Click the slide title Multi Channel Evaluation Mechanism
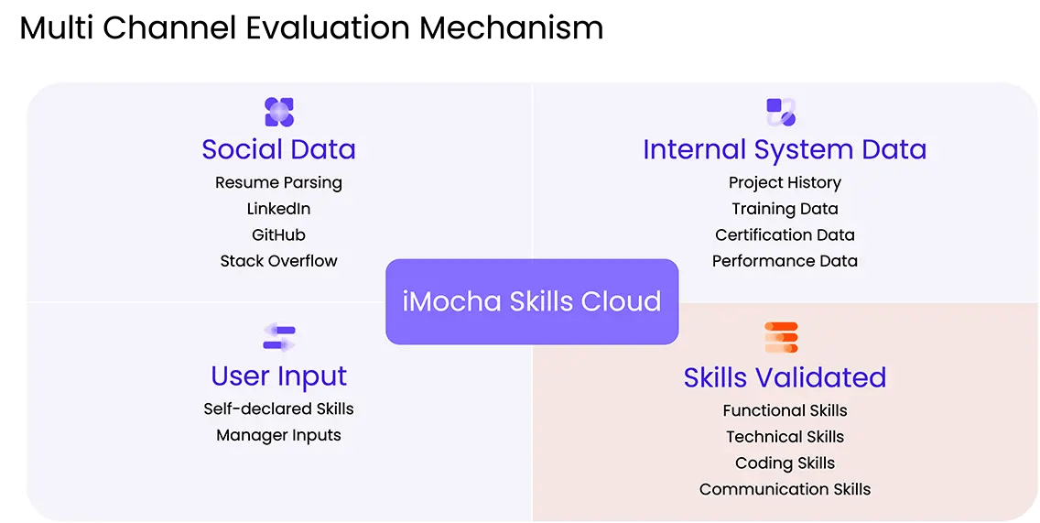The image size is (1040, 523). (x=312, y=28)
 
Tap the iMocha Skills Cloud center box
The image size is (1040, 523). (x=532, y=301)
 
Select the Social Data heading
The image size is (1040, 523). (x=278, y=149)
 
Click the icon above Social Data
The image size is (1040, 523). (x=279, y=112)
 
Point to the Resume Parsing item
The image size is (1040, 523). (x=278, y=183)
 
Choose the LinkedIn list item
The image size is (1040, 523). (x=278, y=209)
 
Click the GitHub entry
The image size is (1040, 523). (x=278, y=235)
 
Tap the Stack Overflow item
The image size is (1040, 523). (x=278, y=261)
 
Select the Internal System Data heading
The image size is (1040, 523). (x=785, y=149)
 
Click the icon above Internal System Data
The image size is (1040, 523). (x=781, y=112)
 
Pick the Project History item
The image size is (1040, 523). (x=785, y=182)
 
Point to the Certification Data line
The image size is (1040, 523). (x=785, y=235)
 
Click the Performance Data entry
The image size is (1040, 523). (x=785, y=261)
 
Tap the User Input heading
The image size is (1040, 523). (x=278, y=376)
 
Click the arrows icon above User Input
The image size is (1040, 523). (x=279, y=337)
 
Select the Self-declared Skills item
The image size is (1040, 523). (x=278, y=409)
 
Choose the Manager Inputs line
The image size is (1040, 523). (x=278, y=435)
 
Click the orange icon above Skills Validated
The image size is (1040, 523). (x=781, y=338)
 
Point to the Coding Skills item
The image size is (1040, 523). (x=785, y=463)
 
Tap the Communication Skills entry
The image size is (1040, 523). (x=785, y=489)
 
